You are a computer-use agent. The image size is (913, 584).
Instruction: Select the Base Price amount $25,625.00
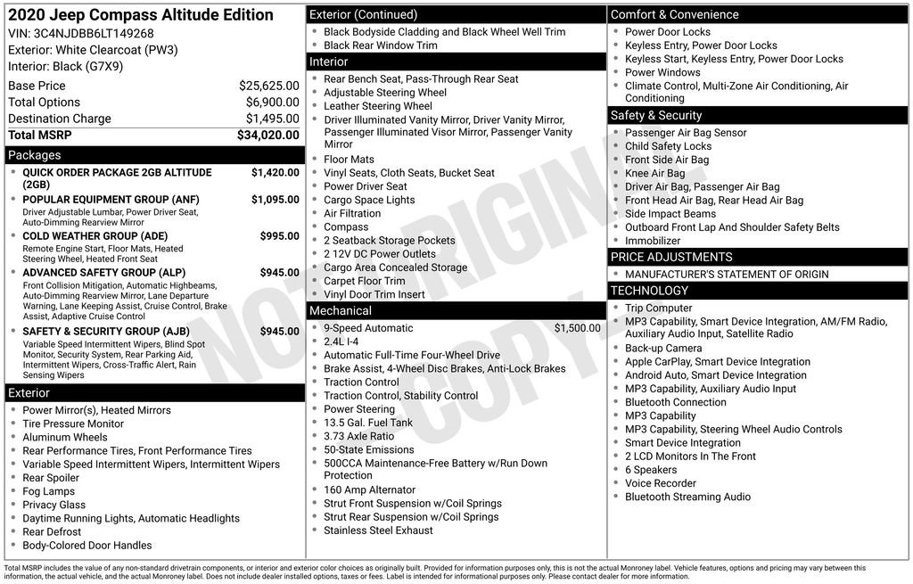tap(268, 86)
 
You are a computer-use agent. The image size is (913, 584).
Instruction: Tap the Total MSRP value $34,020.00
tap(267, 135)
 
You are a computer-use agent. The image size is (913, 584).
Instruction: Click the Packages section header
tap(35, 155)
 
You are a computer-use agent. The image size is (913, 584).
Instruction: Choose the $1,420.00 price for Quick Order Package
tap(275, 172)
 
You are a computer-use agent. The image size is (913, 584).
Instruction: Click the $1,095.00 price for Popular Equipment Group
tap(275, 200)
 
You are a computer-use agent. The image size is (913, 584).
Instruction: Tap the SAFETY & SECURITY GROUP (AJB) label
tap(105, 332)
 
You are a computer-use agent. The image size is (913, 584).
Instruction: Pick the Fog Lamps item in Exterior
tap(48, 491)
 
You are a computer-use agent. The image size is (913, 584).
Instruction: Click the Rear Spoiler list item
tap(52, 478)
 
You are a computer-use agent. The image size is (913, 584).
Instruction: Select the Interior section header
tap(329, 62)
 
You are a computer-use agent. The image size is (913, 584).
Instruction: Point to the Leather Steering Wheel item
tap(377, 106)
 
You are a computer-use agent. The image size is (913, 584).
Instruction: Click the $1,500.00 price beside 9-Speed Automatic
tap(577, 328)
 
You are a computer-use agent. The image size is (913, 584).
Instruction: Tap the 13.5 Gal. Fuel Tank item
tap(367, 423)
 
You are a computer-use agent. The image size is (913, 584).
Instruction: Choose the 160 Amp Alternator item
tap(369, 489)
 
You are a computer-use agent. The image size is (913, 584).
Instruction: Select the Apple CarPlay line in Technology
tap(704, 362)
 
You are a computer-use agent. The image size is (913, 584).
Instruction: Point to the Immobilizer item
tap(653, 241)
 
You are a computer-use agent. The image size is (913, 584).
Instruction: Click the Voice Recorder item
tap(660, 483)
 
